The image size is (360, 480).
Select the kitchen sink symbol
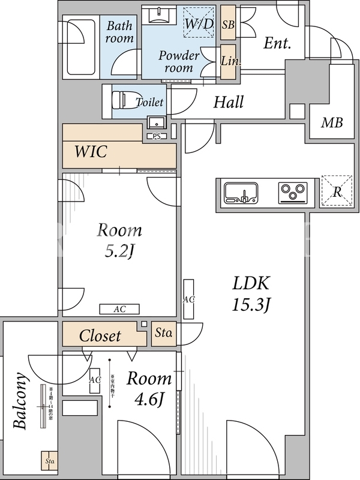click(x=241, y=193)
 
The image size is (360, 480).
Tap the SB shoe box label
click(x=228, y=25)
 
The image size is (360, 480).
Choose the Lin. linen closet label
click(x=228, y=61)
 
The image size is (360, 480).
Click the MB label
click(x=332, y=123)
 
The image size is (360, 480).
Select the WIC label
click(x=91, y=152)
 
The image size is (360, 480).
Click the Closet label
click(x=100, y=336)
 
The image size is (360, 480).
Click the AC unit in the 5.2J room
click(x=119, y=309)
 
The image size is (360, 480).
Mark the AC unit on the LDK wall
click(x=188, y=299)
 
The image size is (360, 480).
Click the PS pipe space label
click(x=156, y=137)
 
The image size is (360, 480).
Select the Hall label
click(x=229, y=102)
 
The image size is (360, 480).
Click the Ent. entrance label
click(x=277, y=43)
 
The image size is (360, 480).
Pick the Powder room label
click(x=179, y=61)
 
